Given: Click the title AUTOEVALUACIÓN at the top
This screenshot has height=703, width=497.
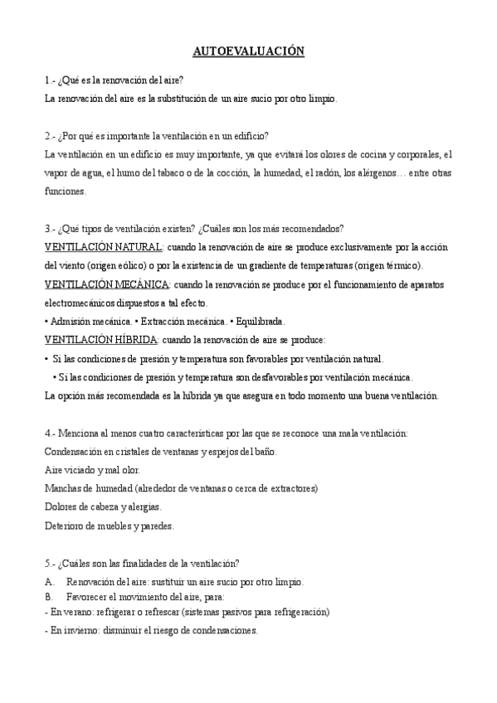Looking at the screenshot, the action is (x=248, y=52).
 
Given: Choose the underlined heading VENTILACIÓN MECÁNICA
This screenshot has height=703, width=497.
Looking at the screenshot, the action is (x=106, y=284).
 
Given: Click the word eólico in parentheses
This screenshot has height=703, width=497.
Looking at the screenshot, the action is (x=134, y=265).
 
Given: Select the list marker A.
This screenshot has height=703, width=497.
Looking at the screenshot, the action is (x=49, y=581).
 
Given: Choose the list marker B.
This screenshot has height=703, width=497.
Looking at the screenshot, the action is (x=49, y=597).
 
